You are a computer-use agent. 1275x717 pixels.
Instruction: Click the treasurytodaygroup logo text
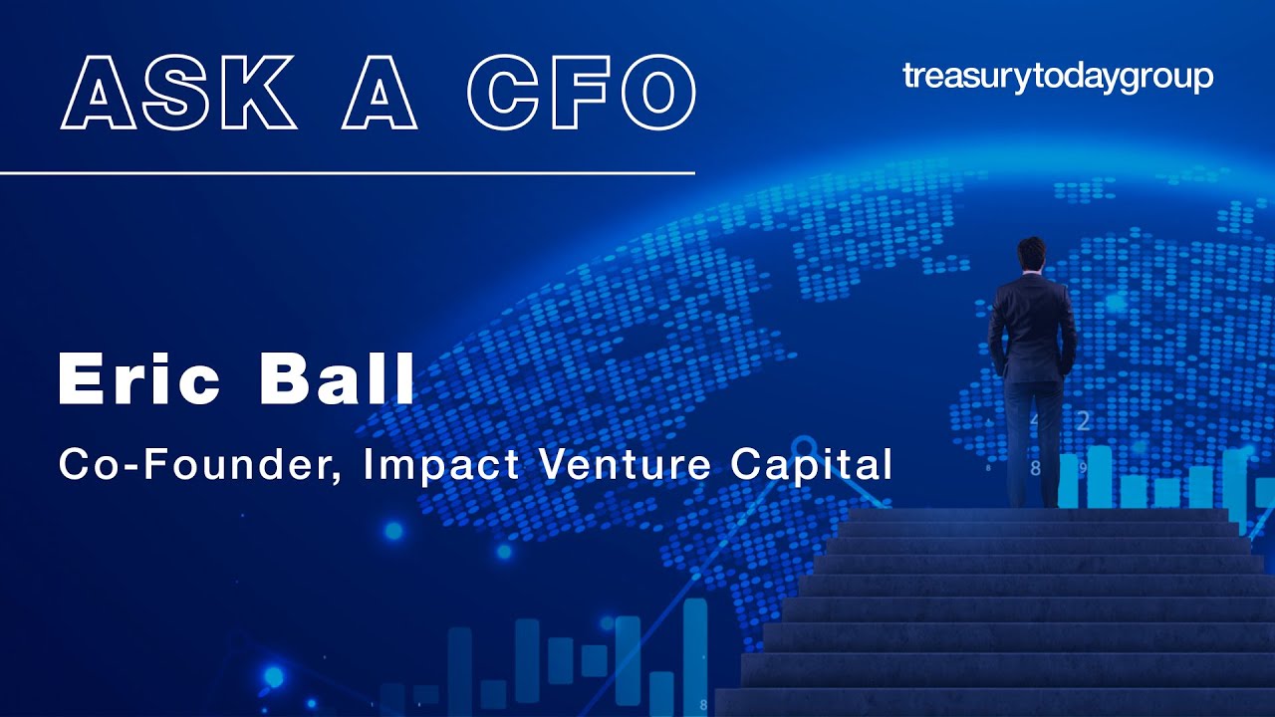[x=1058, y=77]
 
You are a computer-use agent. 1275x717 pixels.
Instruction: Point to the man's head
[x=1033, y=254]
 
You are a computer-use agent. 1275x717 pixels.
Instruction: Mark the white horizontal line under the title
[x=347, y=172]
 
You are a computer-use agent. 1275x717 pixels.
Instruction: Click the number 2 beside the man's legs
[x=1083, y=421]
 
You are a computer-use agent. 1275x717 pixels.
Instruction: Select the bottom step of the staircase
[x=996, y=702]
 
